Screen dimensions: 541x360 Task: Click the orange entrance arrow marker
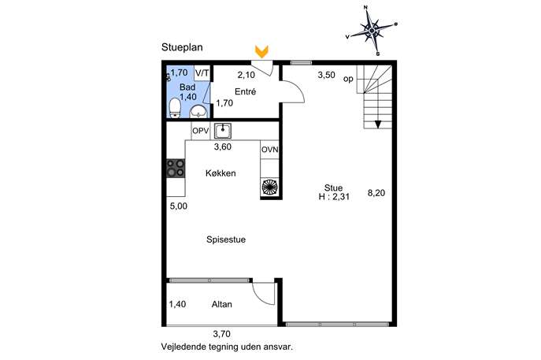point(262,52)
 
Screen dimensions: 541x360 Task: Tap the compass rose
point(372,31)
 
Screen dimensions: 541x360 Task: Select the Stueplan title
point(182,47)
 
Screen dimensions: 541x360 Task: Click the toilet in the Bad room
point(176,108)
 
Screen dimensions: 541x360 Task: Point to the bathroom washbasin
point(198,112)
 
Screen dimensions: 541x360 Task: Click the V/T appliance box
point(202,73)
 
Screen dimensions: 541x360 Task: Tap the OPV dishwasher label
point(201,132)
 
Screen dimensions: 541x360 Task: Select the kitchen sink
point(223,131)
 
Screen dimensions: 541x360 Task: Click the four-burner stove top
point(176,168)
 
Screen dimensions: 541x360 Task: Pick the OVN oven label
point(270,150)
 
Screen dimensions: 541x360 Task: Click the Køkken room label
point(220,173)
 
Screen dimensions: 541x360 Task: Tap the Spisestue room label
point(226,239)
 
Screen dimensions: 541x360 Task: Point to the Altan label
point(221,304)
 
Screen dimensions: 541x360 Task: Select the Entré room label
point(246,91)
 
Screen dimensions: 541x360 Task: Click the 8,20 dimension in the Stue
point(376,193)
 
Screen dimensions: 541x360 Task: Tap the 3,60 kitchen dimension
point(223,147)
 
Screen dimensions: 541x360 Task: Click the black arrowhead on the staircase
point(378,124)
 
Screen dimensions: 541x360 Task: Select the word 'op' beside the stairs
point(348,79)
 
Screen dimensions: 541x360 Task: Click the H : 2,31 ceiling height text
point(334,197)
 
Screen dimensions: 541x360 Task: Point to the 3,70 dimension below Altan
point(221,334)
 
